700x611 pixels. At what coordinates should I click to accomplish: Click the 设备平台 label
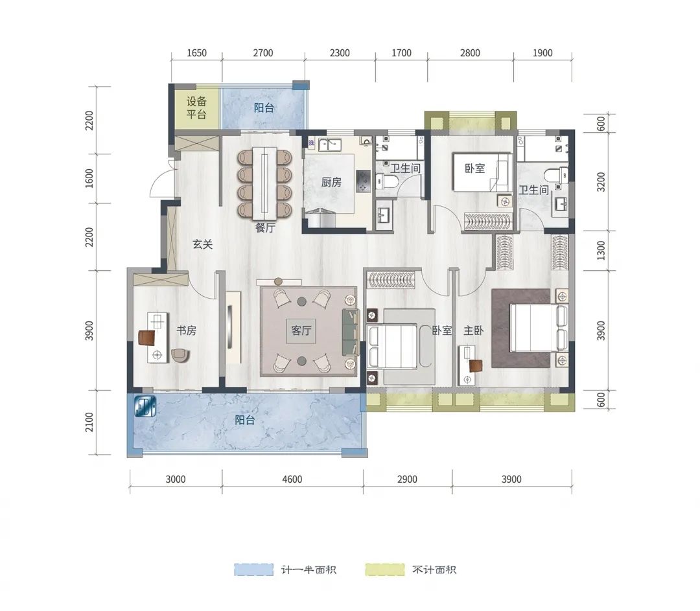click(x=196, y=108)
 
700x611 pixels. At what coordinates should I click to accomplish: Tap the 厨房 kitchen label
click(x=331, y=182)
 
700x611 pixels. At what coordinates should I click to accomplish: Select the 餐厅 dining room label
click(x=265, y=227)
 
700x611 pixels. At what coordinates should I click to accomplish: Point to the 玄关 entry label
click(x=202, y=244)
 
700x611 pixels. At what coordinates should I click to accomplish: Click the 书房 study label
click(x=186, y=330)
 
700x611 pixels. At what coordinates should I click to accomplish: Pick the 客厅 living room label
click(x=301, y=330)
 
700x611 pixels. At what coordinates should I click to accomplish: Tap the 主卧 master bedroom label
click(x=473, y=330)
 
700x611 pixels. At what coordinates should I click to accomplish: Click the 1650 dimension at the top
click(x=196, y=53)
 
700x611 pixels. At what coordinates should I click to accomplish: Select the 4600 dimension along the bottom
click(x=292, y=479)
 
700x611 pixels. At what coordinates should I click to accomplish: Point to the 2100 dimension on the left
click(x=89, y=422)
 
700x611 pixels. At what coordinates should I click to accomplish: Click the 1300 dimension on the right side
click(x=601, y=250)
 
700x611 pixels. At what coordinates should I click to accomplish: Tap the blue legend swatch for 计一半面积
click(x=253, y=570)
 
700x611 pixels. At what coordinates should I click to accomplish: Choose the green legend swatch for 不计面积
click(x=385, y=570)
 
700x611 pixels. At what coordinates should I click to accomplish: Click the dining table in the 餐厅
click(x=264, y=183)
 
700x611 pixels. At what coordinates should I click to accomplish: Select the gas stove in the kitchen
click(x=363, y=181)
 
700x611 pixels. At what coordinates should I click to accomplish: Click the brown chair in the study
click(x=146, y=338)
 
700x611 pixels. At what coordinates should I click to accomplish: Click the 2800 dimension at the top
click(x=470, y=53)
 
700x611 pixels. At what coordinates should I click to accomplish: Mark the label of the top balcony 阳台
click(x=264, y=108)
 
